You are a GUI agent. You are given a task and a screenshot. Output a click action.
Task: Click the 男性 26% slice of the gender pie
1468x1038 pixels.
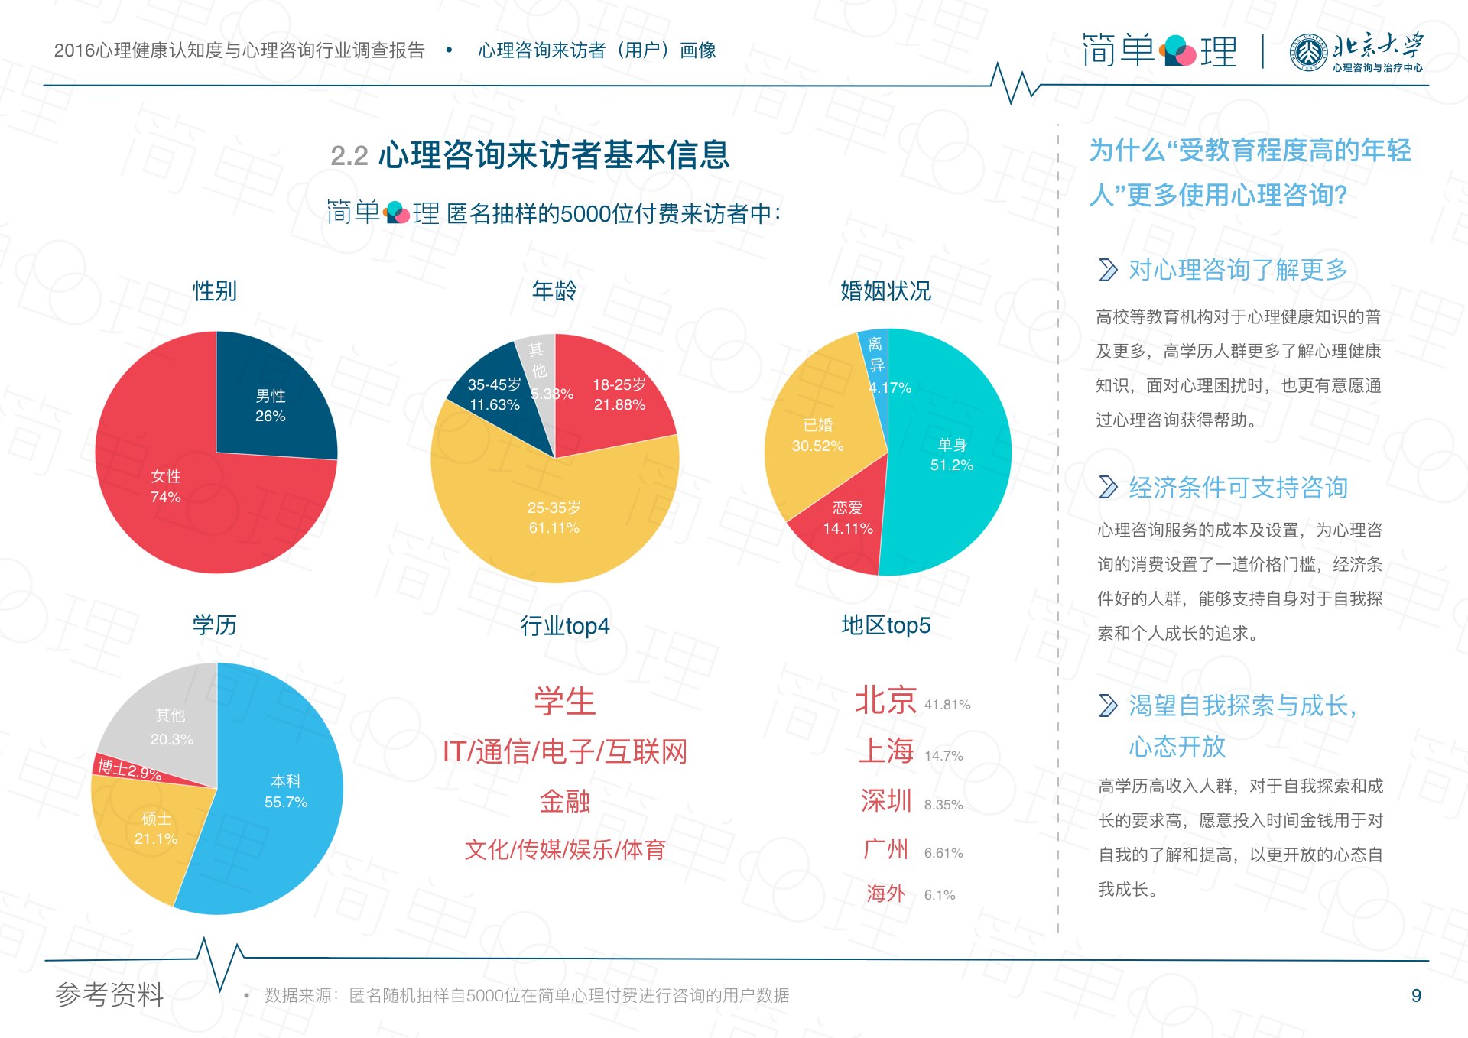[x=271, y=405]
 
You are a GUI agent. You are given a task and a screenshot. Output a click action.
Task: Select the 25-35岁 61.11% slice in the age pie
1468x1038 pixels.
[x=554, y=517]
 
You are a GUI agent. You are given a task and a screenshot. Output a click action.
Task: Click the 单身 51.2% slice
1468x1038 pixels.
[x=950, y=454]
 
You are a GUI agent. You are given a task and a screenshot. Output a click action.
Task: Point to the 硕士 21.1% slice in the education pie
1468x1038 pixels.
[x=155, y=829]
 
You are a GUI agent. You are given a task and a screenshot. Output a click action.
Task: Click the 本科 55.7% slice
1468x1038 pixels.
[x=285, y=791]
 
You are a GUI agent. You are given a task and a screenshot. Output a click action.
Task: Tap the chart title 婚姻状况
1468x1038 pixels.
[x=885, y=291]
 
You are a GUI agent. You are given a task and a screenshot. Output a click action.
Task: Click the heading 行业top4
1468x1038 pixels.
[x=564, y=626]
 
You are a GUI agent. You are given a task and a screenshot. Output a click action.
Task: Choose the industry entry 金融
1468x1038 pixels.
[x=564, y=801]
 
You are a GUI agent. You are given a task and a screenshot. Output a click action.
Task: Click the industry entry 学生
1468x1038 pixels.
[x=564, y=702]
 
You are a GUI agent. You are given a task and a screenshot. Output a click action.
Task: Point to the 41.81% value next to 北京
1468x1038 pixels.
[x=947, y=705]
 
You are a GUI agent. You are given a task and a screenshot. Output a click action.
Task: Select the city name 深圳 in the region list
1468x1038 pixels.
[x=886, y=801]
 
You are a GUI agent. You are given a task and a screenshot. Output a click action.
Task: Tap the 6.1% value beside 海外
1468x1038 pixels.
[x=940, y=895]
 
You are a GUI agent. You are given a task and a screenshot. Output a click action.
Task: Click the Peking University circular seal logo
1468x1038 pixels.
[x=1308, y=53]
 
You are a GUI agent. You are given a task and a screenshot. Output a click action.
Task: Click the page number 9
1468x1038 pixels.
[x=1416, y=995]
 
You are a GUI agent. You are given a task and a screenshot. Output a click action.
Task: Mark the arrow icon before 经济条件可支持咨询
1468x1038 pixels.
[x=1108, y=487]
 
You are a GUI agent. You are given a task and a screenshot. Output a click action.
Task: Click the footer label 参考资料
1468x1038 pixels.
[x=109, y=994]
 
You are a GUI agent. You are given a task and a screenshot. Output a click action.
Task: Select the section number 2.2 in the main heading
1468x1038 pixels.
[x=349, y=157]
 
